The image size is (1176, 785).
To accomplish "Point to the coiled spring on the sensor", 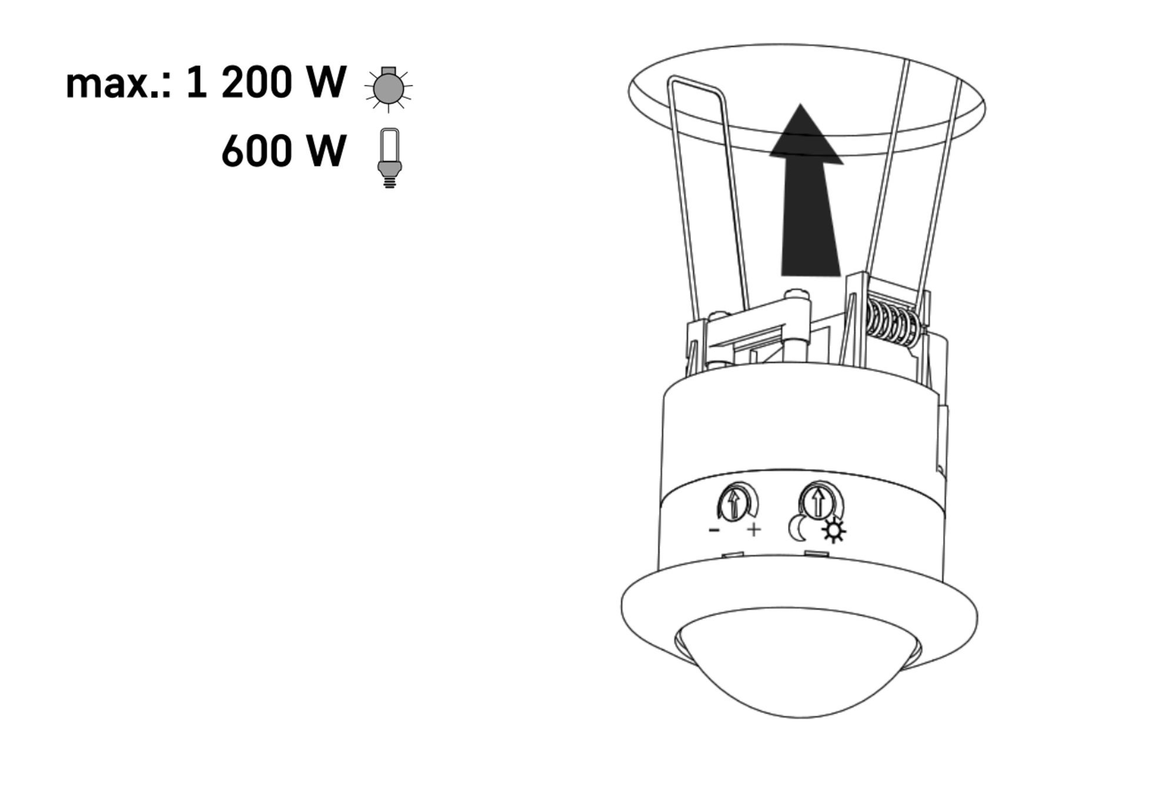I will point(893,323).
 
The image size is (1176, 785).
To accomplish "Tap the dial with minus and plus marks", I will point(735,503).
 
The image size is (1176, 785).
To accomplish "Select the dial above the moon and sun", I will point(818,501).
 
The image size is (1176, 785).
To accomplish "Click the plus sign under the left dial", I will point(754,530).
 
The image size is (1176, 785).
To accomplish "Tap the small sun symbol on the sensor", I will point(834,532).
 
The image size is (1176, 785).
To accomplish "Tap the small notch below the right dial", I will point(817,554).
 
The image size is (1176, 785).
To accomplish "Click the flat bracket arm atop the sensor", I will point(759,320).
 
